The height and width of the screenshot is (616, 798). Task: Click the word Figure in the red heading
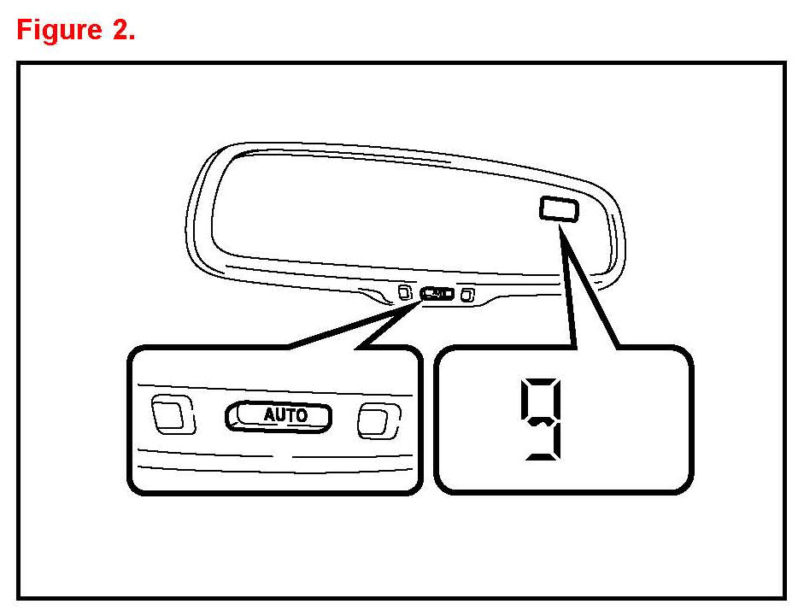(57, 31)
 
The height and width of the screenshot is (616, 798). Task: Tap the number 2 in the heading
(120, 31)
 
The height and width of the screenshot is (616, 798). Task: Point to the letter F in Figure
(25, 31)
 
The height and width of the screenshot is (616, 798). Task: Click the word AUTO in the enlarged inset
(285, 416)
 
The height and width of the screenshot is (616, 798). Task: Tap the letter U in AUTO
(280, 416)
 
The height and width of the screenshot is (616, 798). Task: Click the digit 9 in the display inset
(543, 419)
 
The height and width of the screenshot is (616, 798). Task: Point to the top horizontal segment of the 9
(543, 381)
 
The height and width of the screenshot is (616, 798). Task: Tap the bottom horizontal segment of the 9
(543, 457)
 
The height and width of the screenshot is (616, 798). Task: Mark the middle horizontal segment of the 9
(543, 420)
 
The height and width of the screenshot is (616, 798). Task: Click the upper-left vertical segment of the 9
(525, 400)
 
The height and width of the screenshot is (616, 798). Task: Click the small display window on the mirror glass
(559, 208)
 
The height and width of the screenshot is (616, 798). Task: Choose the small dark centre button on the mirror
(437, 294)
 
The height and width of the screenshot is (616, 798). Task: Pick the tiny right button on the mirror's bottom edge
(466, 295)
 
